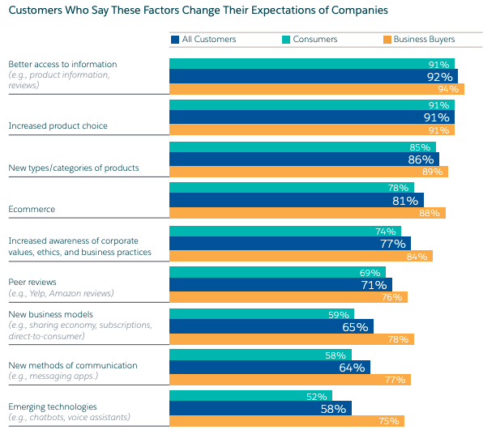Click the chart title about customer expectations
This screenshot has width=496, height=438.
(x=198, y=11)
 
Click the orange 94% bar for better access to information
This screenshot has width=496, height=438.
(x=316, y=89)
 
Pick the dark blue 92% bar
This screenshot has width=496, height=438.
(x=313, y=76)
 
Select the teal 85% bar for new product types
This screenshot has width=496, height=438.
(x=302, y=147)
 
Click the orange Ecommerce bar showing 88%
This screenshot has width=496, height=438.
(x=307, y=213)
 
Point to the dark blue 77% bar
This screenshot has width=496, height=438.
(x=289, y=243)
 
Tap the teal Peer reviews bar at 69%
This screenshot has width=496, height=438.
(x=277, y=273)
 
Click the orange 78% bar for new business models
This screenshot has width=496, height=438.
(x=291, y=339)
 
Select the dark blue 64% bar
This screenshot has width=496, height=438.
(x=269, y=368)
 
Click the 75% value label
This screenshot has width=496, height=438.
(x=389, y=421)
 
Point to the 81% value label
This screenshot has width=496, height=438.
(x=405, y=201)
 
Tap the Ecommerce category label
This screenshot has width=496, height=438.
(x=32, y=209)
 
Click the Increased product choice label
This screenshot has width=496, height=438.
(x=58, y=125)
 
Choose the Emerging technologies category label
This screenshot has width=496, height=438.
(x=53, y=406)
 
